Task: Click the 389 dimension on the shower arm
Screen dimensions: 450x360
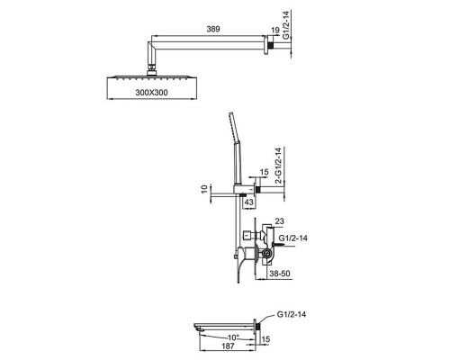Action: coord(213,29)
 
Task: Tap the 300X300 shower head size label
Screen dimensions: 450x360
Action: coord(151,93)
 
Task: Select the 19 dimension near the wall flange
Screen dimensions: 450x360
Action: coord(275,30)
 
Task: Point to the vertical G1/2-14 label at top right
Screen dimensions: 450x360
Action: coord(286,25)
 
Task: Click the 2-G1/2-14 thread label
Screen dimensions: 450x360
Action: coord(278,166)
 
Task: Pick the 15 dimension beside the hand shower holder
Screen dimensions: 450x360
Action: coord(264,172)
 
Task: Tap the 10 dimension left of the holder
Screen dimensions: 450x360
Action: coord(204,189)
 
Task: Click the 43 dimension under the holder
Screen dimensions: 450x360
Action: coord(248,202)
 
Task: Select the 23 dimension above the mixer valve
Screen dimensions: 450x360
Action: coord(279,221)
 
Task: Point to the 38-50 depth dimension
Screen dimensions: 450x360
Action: coord(280,274)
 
